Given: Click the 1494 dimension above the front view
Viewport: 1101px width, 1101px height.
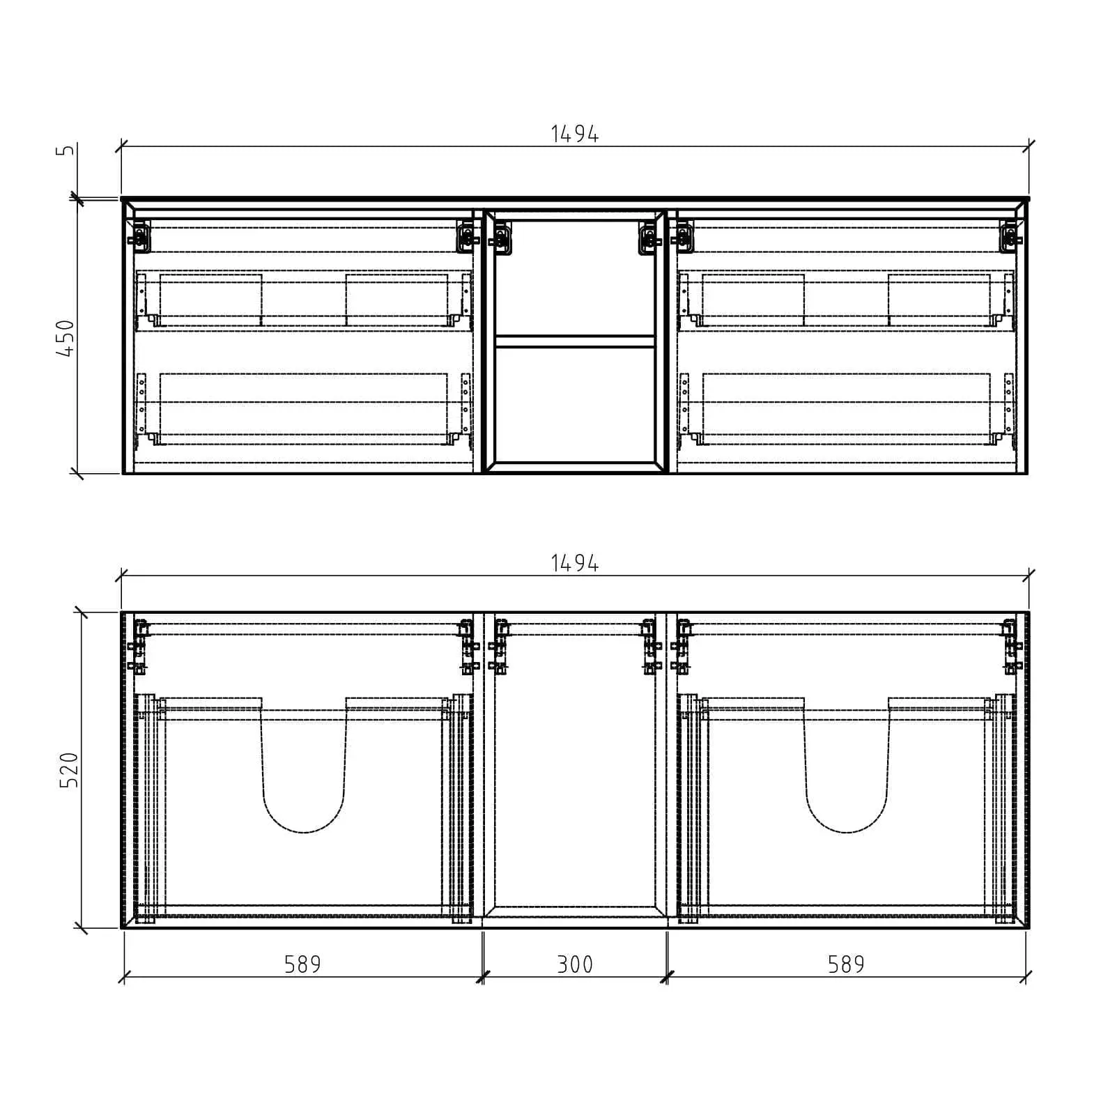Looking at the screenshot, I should pos(574,134).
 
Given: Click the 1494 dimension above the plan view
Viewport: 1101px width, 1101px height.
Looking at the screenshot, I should pos(574,563).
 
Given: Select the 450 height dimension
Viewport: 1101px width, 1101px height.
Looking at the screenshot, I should pos(66,338).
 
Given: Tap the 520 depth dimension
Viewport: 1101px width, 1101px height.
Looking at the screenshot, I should pos(70,769).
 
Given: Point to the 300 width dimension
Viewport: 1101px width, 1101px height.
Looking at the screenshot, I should pos(575,964).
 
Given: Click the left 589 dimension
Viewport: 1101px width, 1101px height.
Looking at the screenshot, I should pos(302,964).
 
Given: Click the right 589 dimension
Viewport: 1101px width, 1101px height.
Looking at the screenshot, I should pos(846,964).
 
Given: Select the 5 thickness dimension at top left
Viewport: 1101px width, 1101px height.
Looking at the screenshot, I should pos(66,151).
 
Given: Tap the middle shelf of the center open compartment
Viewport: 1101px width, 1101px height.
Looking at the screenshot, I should pos(575,341).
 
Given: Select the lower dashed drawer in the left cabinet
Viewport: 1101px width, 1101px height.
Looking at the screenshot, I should pos(303,408).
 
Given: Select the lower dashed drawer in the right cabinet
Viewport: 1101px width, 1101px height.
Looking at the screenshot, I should pos(846,408).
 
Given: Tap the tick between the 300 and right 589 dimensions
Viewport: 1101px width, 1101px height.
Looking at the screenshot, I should pos(667,977).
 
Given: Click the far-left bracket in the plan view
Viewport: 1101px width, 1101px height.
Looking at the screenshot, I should pos(139,648).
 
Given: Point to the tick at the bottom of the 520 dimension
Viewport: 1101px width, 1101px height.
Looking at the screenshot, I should pos(82,927).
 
